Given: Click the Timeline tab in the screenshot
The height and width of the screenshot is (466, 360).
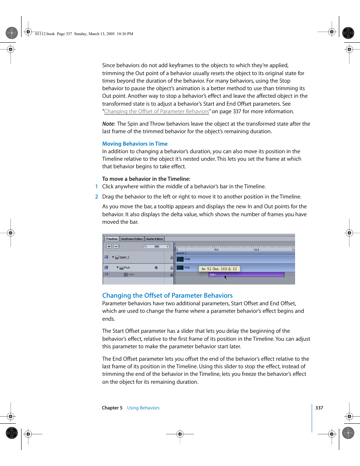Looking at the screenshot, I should [x=111, y=239].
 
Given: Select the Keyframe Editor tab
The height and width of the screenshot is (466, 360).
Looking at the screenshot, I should [x=132, y=239].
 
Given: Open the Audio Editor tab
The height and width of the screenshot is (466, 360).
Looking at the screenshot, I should [x=154, y=239].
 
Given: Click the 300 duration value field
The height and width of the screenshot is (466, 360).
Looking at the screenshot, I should [x=157, y=246].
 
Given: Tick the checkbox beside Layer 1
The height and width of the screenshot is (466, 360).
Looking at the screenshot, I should [x=106, y=257].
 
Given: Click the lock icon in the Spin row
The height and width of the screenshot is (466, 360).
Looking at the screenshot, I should [x=171, y=275].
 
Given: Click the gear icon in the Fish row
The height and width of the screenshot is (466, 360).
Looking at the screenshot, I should [x=156, y=268].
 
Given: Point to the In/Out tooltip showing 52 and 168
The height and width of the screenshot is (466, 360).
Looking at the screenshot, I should [x=219, y=269].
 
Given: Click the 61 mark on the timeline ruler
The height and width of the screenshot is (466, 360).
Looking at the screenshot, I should [x=217, y=249].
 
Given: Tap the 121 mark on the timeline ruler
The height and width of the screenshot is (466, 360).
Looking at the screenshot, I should [x=257, y=249].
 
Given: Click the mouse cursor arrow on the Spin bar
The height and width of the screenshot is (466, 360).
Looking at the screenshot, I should [x=226, y=277].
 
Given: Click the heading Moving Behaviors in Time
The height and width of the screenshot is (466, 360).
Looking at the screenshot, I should [x=135, y=144].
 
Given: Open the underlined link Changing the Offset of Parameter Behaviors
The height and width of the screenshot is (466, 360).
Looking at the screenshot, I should [x=156, y=112].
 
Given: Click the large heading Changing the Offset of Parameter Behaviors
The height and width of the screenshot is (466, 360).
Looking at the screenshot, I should [x=167, y=296].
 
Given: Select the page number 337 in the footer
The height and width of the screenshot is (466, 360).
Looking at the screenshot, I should [x=319, y=408].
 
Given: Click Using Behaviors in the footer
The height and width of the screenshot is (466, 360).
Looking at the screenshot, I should [x=143, y=408].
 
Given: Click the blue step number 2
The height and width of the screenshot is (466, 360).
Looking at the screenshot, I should [x=97, y=197].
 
